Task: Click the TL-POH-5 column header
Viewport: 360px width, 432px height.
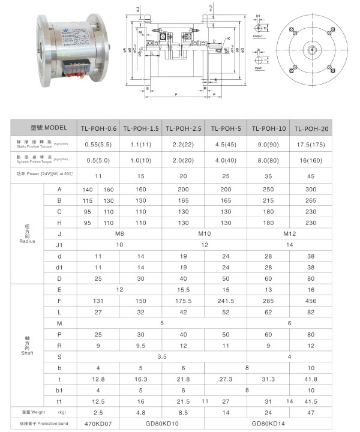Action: [x=226, y=128]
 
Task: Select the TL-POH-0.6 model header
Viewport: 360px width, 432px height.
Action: [x=98, y=128]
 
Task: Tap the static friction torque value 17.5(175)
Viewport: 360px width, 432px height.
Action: [x=311, y=144]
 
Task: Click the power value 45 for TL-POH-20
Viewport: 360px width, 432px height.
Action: [x=311, y=176]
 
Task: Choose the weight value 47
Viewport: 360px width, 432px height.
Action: [x=311, y=413]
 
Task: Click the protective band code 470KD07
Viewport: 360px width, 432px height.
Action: [x=98, y=424]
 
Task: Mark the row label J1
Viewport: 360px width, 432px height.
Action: [x=59, y=245]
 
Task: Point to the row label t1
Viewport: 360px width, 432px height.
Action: [x=59, y=400]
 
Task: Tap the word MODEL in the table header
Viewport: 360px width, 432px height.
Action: [x=55, y=128]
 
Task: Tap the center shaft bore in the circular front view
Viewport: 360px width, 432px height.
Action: [x=314, y=49]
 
